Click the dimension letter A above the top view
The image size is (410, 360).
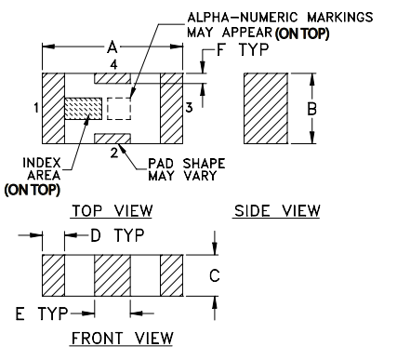(112, 47)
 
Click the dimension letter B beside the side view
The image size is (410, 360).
(312, 109)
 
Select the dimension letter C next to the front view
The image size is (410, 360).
(213, 274)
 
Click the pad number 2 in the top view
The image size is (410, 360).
(113, 152)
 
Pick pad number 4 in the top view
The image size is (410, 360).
(113, 64)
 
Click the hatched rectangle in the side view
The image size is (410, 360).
(268, 108)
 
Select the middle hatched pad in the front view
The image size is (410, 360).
(112, 275)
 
